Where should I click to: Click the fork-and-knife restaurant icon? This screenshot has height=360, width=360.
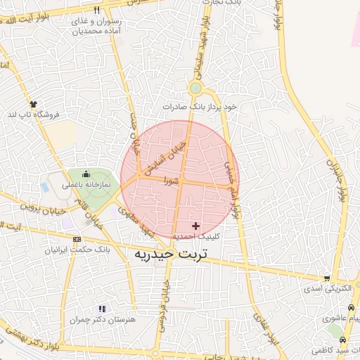click(x=96, y=11)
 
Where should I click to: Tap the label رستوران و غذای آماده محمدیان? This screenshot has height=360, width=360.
click(x=96, y=27)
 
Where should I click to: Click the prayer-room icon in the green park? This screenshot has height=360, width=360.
click(x=86, y=174)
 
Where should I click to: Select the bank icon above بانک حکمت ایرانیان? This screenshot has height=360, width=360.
click(x=77, y=240)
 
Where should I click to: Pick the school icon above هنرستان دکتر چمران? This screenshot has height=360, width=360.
click(x=102, y=309)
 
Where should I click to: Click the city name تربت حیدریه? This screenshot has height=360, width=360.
click(x=173, y=253)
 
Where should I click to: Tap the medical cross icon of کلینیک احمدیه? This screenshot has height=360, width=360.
click(x=195, y=226)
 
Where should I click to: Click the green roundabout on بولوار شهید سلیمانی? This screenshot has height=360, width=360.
click(x=195, y=89)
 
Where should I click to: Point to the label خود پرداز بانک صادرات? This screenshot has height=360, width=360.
click(x=200, y=106)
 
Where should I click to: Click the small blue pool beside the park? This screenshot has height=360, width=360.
click(x=45, y=188)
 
